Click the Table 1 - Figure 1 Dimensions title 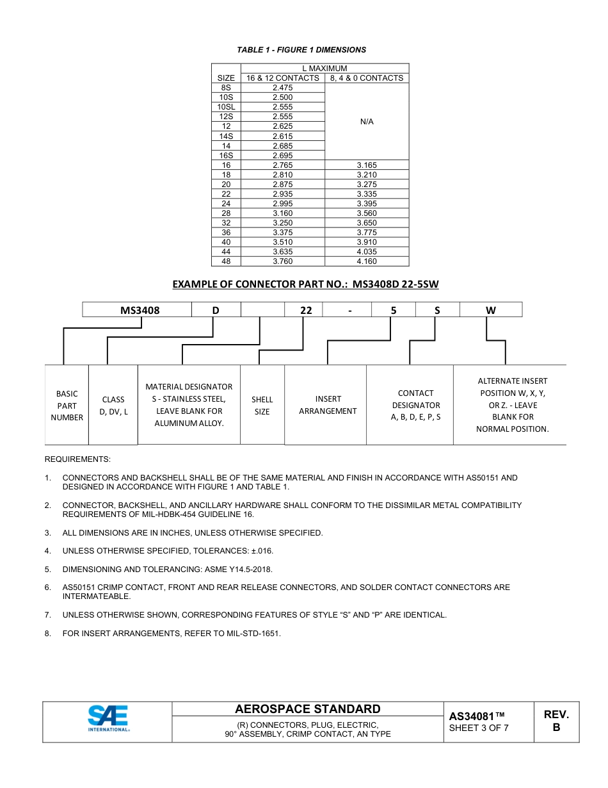click(301, 50)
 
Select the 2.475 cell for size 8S click(282, 88)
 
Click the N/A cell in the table click(367, 122)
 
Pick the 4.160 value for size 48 click(367, 261)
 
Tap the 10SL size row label click(226, 107)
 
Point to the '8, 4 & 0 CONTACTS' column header click(367, 78)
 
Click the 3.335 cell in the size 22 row click(367, 194)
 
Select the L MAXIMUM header click(324, 69)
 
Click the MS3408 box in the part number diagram click(140, 310)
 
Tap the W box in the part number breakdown click(491, 310)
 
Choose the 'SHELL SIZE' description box click(262, 406)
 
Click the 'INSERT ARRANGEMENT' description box click(328, 405)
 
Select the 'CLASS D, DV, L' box click(114, 406)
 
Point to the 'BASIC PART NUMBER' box click(67, 406)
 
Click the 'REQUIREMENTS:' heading click(77, 459)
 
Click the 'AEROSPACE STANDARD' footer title click(307, 709)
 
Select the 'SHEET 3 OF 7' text click(479, 728)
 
